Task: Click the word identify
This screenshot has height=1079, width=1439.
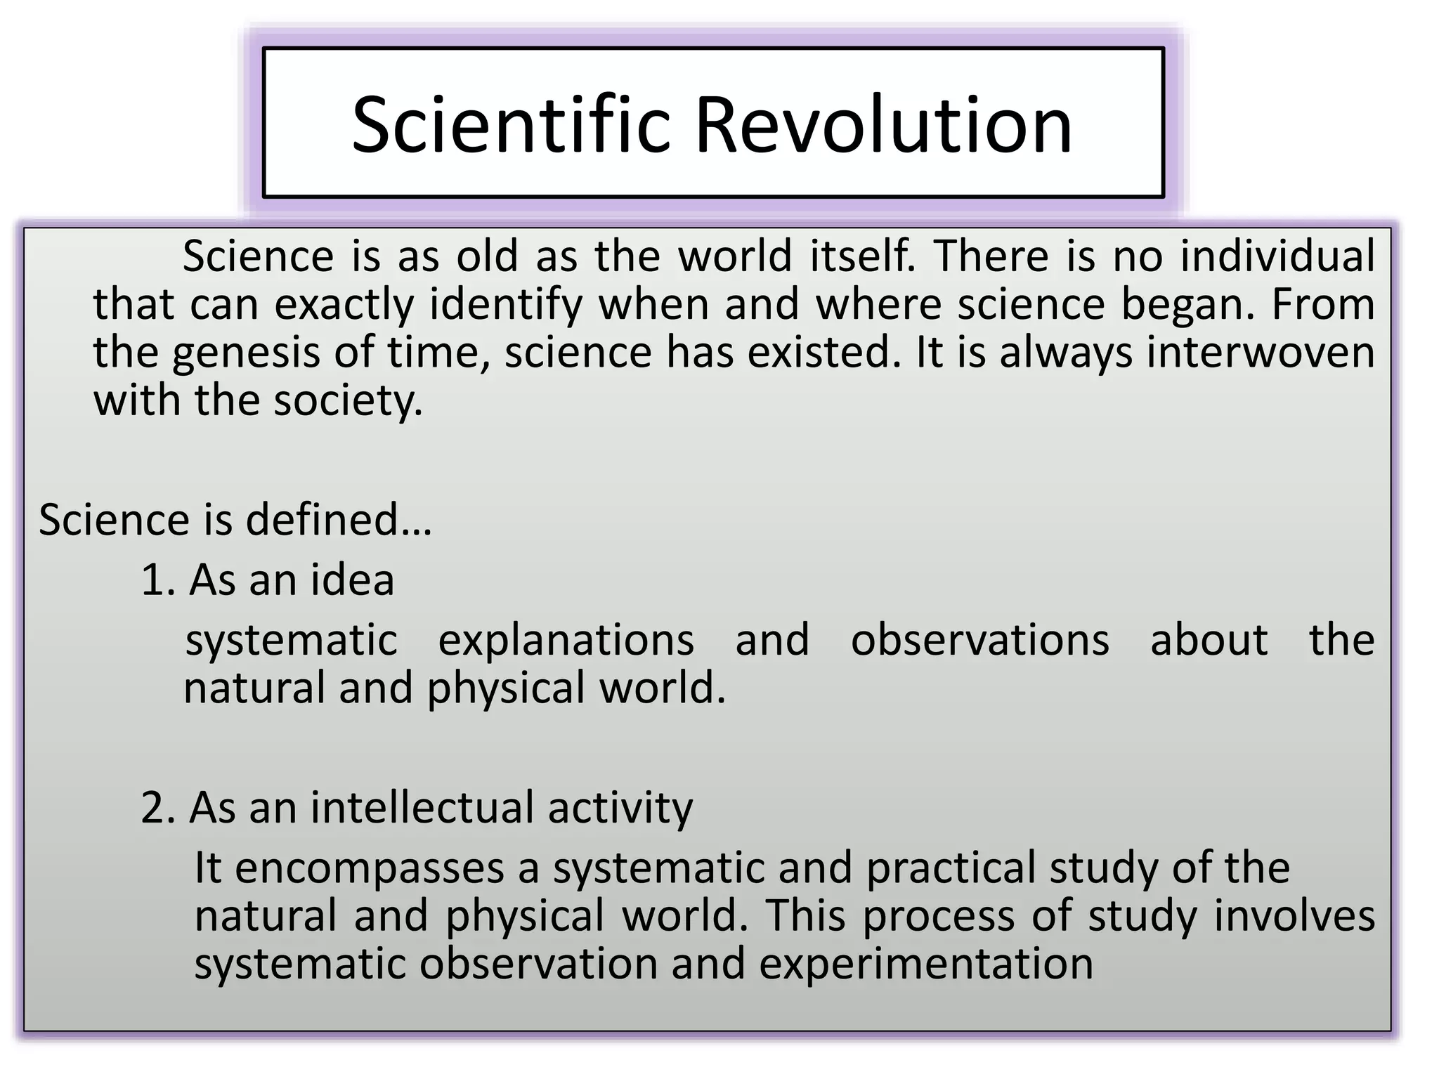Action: point(506,305)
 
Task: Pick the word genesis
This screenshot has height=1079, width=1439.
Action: point(246,353)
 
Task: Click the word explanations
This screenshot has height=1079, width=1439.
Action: point(566,640)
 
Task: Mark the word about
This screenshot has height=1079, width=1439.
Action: point(1209,640)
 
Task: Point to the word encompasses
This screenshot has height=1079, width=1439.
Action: point(370,868)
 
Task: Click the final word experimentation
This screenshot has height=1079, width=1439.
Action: point(925,964)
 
